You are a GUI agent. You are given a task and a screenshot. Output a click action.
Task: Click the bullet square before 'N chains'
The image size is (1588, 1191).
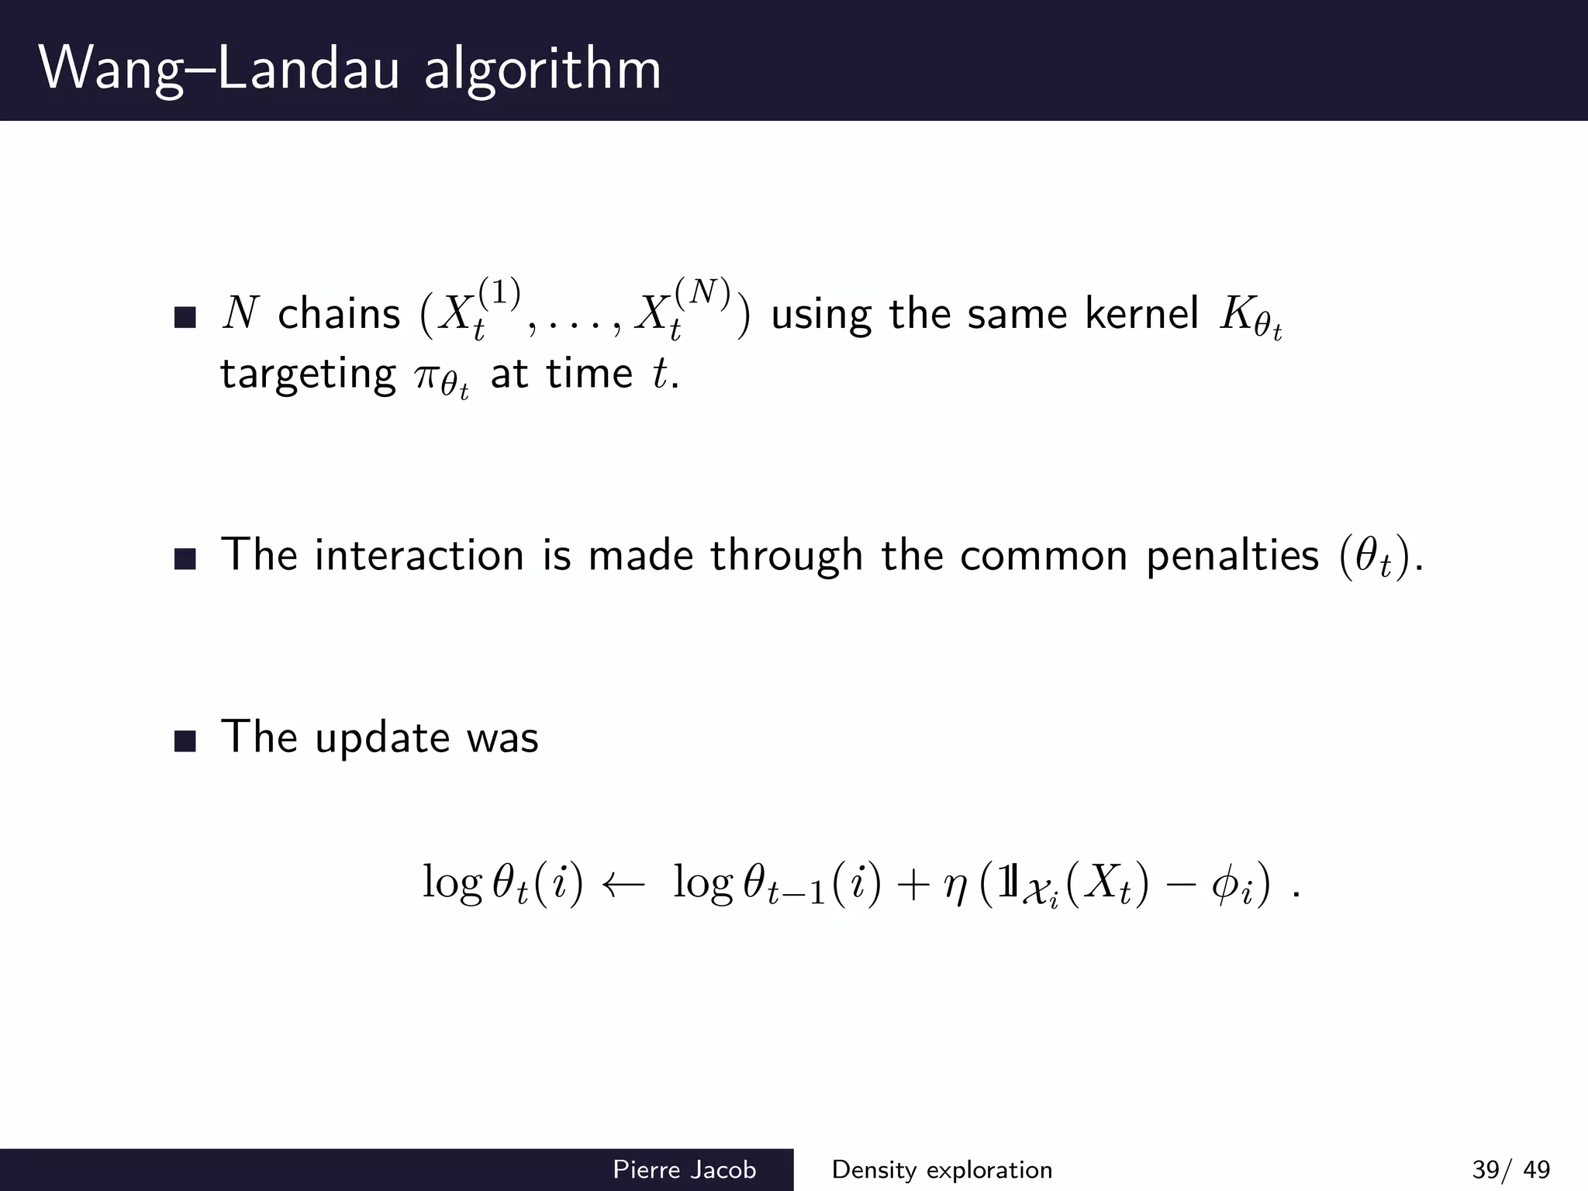(185, 317)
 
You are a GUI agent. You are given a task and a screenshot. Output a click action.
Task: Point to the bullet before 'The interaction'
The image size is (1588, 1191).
(185, 558)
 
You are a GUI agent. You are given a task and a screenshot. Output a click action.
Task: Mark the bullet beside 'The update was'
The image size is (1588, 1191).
(185, 740)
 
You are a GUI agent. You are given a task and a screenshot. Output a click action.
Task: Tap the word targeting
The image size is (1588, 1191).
(308, 375)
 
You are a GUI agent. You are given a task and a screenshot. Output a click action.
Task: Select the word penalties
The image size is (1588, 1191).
(1232, 556)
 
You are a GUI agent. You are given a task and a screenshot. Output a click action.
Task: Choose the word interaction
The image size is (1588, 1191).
(419, 556)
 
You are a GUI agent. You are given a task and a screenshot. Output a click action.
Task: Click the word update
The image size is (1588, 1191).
(382, 738)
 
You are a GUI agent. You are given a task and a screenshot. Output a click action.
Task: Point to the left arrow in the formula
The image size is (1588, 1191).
(623, 885)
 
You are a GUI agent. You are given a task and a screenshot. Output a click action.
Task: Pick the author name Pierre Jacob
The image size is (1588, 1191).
(684, 1169)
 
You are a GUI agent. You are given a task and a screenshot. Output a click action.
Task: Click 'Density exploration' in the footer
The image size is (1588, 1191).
(942, 1169)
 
